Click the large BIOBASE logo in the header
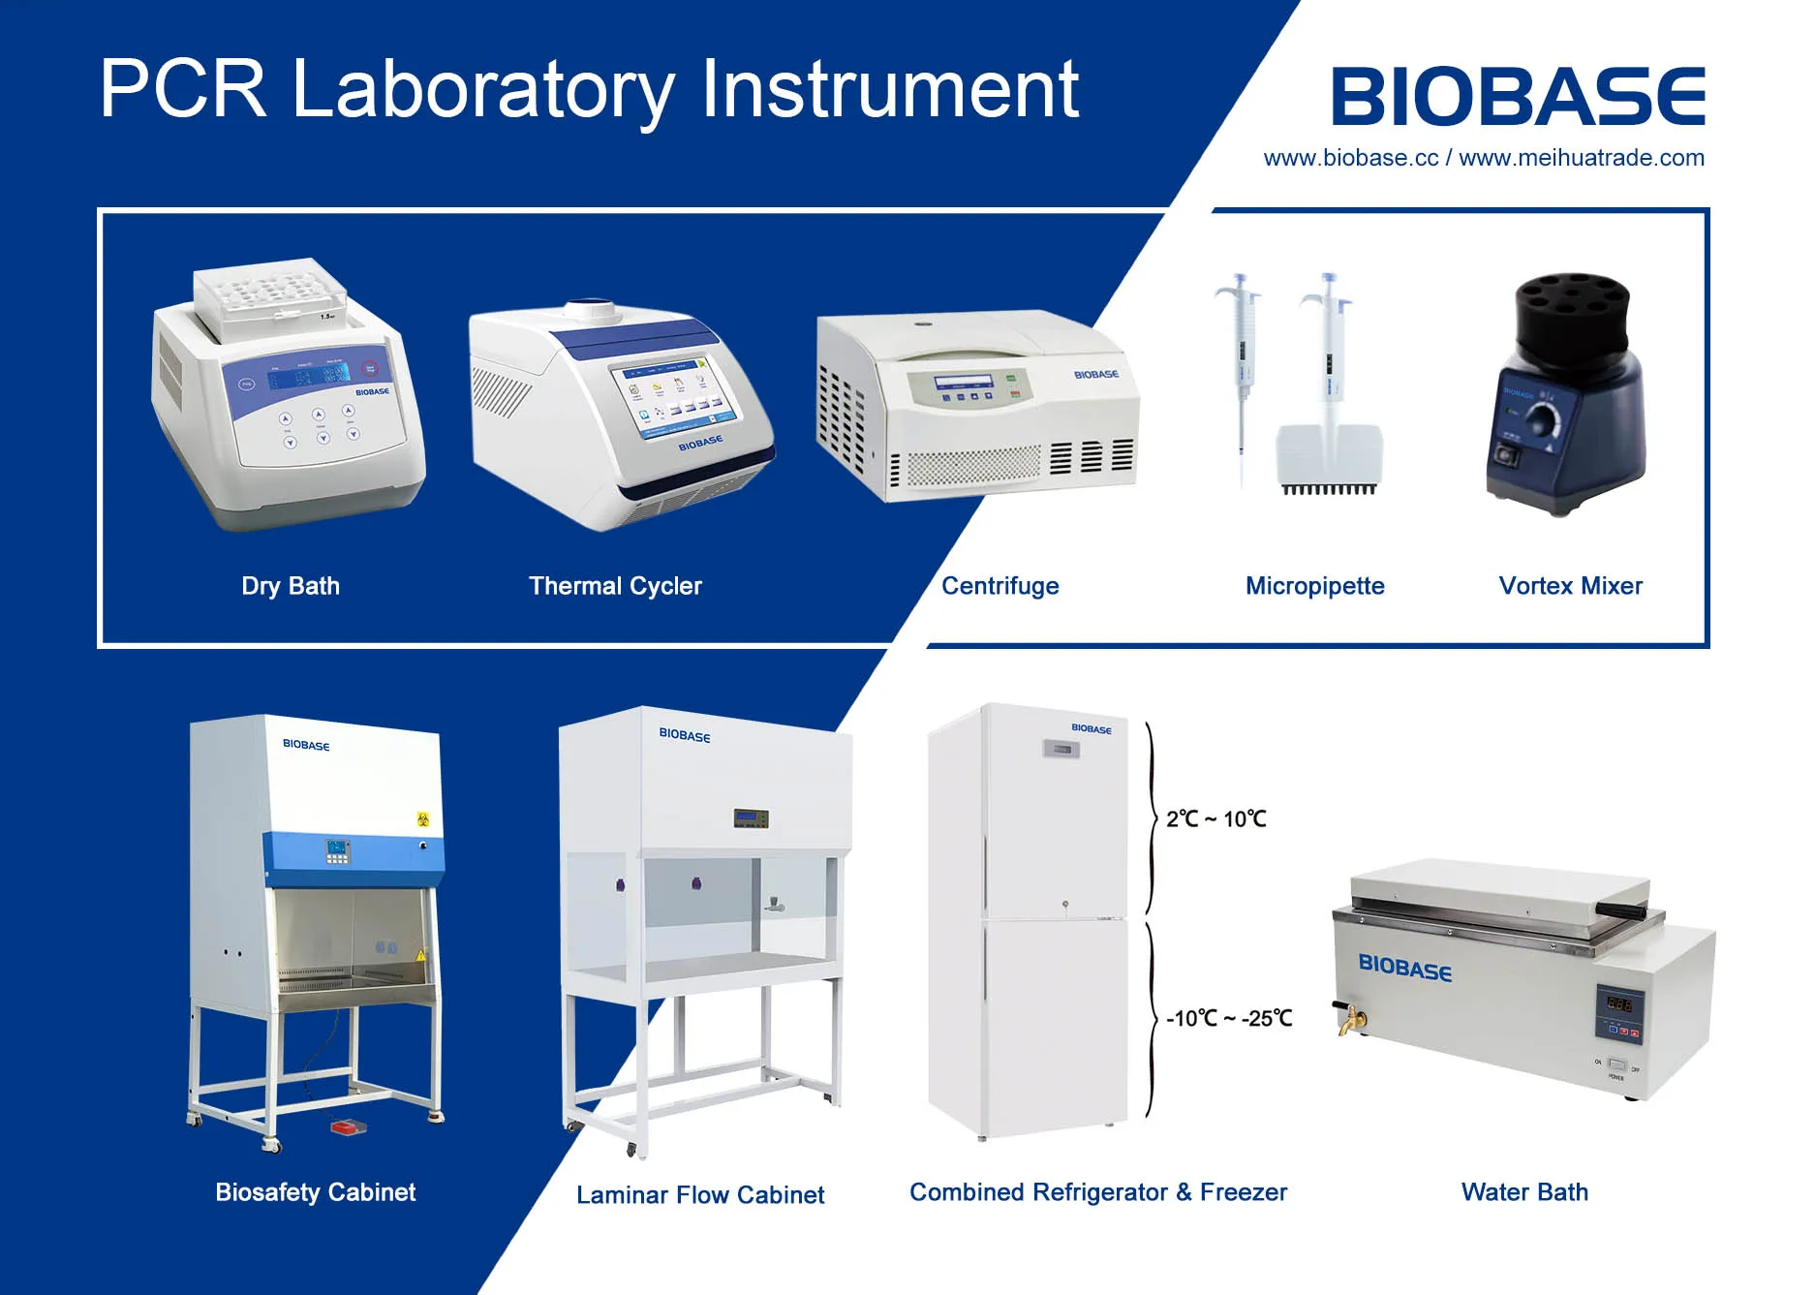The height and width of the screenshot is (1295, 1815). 1518,97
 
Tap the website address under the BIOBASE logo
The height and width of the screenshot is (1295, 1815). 1484,158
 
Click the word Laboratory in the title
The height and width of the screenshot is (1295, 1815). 482,89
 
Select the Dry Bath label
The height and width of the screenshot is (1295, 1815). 291,586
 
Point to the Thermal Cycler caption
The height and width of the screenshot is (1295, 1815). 615,586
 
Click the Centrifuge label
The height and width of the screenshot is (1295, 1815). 1000,586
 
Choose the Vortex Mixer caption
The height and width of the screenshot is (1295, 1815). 1570,586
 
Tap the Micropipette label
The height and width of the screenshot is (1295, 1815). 1314,586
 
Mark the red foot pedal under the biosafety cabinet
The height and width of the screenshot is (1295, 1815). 348,1126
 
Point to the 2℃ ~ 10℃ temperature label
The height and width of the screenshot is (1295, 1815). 1215,819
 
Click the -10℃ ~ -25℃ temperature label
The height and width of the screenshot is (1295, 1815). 1229,1019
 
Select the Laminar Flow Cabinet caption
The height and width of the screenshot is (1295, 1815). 700,1195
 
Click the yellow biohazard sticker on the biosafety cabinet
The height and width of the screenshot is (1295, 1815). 423,819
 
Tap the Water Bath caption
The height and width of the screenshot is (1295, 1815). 1524,1192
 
